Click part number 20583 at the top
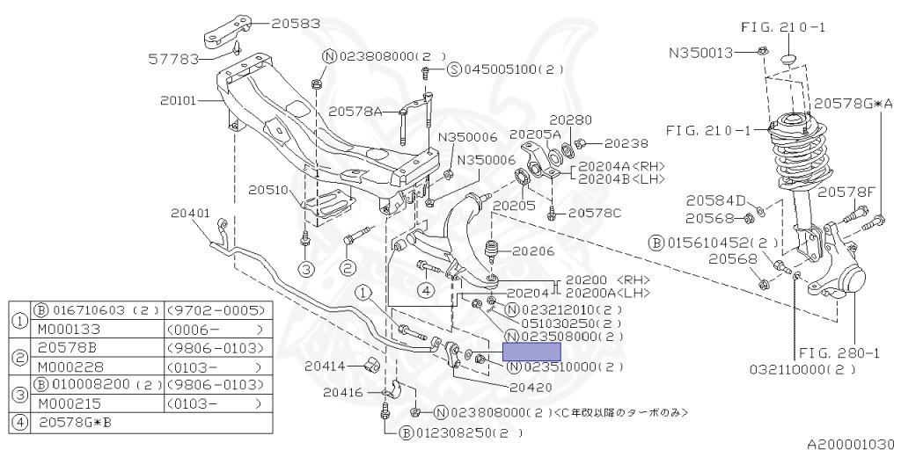(297, 24)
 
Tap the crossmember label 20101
(180, 100)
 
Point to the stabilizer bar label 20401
(190, 212)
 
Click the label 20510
(267, 189)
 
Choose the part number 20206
(534, 250)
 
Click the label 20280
(571, 120)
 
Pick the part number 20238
(626, 143)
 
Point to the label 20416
(342, 392)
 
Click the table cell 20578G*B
(76, 423)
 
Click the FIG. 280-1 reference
(849, 352)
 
